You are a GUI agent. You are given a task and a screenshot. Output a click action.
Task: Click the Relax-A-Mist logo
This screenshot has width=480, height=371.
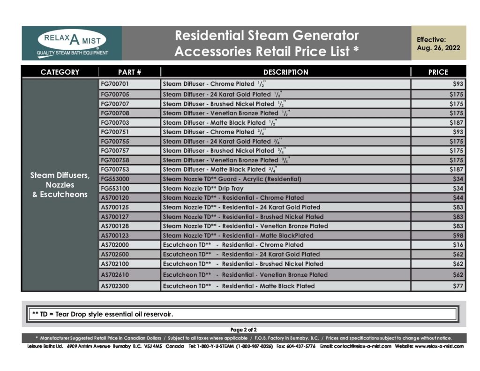click(x=72, y=43)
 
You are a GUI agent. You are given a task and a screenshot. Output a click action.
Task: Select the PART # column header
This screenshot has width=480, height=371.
click(x=129, y=72)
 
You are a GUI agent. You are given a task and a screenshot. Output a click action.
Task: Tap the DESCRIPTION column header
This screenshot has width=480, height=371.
click(x=285, y=72)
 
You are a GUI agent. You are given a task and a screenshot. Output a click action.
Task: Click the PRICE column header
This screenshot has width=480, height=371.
click(x=438, y=72)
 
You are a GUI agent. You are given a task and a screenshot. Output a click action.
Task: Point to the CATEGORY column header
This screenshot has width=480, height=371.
click(x=60, y=72)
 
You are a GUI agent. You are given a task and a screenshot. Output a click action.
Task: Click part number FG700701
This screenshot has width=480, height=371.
click(x=115, y=84)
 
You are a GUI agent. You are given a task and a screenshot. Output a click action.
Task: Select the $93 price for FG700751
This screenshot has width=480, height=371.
click(x=458, y=132)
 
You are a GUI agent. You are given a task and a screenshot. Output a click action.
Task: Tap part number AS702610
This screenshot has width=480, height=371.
click(x=115, y=274)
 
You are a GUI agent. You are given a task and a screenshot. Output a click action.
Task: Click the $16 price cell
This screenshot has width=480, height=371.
click(x=458, y=244)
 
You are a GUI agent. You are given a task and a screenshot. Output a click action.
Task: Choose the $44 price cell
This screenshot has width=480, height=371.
click(x=458, y=197)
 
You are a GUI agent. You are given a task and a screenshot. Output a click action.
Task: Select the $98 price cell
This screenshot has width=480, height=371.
click(x=458, y=235)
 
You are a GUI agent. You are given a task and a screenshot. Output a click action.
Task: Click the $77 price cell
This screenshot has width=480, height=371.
click(x=458, y=286)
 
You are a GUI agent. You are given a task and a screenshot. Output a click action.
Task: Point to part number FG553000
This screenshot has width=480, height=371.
click(x=115, y=179)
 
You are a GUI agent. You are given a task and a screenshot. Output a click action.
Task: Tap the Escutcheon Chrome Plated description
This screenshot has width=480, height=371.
click(x=233, y=244)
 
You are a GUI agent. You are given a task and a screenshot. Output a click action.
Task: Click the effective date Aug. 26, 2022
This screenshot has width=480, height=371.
click(x=438, y=48)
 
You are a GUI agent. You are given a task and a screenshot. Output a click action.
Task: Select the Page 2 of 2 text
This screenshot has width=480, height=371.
click(x=243, y=330)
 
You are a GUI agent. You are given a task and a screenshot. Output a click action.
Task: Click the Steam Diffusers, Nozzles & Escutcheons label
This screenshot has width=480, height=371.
click(x=60, y=185)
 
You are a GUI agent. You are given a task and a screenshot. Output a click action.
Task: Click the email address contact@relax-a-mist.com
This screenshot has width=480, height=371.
click(x=356, y=346)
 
